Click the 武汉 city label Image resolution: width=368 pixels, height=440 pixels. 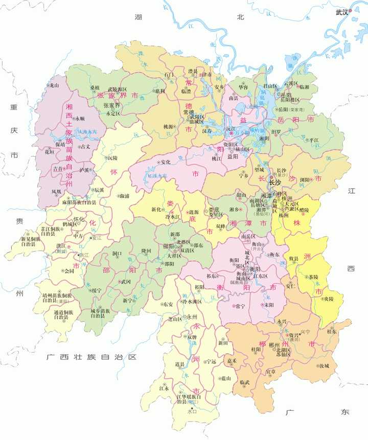tap(341, 12)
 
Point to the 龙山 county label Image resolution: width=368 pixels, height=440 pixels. tap(55, 85)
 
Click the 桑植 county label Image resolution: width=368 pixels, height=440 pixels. tap(95, 87)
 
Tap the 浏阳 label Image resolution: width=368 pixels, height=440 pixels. tap(306, 179)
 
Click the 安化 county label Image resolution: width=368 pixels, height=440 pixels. tap(165, 162)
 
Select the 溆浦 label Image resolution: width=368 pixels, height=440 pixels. tap(123, 195)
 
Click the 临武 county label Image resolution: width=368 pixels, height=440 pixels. tap(244, 383)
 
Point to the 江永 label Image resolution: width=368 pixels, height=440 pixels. tap(164, 388)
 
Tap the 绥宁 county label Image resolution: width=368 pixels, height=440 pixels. tap(96, 290)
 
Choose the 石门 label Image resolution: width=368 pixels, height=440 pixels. tap(169, 74)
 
